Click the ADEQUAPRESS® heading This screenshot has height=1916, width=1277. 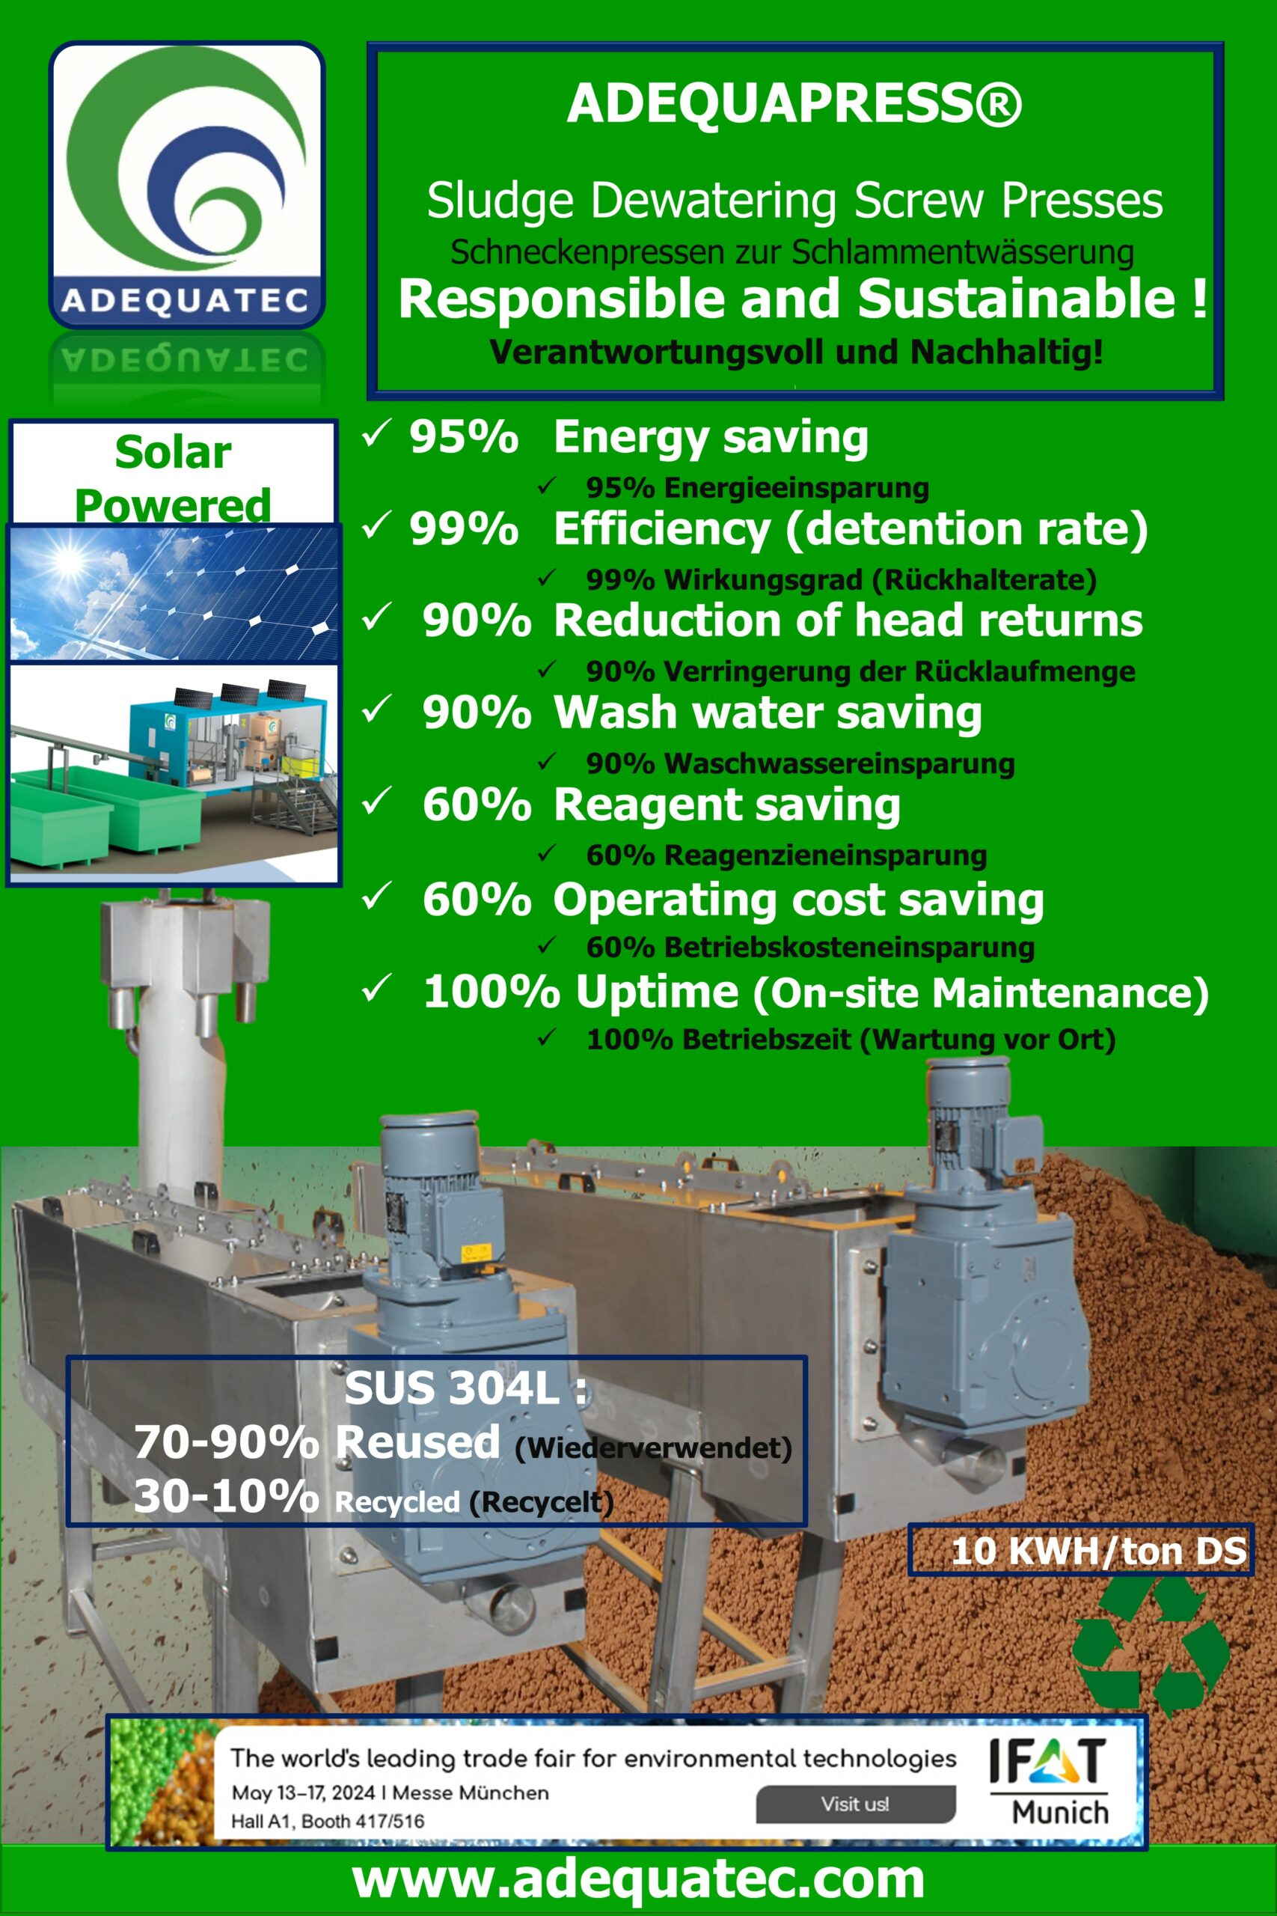(x=794, y=103)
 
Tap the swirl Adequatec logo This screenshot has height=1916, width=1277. (x=186, y=184)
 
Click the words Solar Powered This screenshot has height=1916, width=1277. (x=173, y=478)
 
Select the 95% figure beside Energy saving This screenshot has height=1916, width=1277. (x=463, y=436)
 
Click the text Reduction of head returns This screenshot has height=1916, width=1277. (x=848, y=620)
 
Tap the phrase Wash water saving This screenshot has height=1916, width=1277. (x=768, y=713)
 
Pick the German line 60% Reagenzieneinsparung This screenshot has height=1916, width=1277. (x=786, y=855)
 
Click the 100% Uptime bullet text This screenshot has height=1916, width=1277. (x=815, y=992)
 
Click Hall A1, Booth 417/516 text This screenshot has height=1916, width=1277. (x=328, y=1821)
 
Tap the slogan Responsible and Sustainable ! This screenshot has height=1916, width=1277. (x=802, y=298)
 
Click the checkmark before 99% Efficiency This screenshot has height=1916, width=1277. (x=376, y=526)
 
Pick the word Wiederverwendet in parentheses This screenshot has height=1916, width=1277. (x=653, y=1447)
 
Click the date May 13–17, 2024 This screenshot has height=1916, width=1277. (x=303, y=1793)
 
